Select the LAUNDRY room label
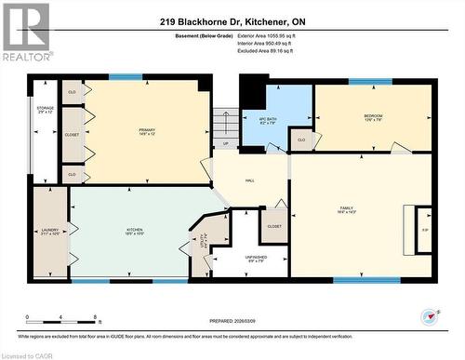coord(49,230)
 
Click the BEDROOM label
coord(372,116)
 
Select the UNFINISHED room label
coord(255,258)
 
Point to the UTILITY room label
coord(205,241)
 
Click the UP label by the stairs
coord(225,144)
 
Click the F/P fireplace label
coord(425,229)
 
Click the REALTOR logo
coord(25,33)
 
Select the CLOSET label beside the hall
coord(274,226)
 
